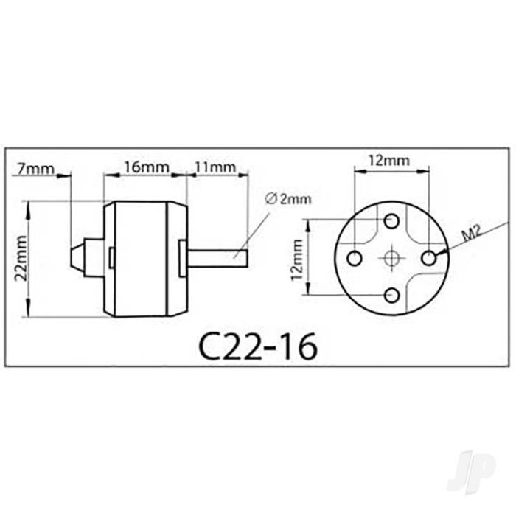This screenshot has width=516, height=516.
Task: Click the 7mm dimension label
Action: [35, 169]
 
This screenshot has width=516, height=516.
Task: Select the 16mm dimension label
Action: [146, 167]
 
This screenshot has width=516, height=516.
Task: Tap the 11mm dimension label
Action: [215, 167]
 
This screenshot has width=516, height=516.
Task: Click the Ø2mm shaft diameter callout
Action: [287, 199]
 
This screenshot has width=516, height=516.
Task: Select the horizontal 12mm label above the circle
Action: [388, 161]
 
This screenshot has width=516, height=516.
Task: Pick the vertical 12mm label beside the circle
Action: [297, 259]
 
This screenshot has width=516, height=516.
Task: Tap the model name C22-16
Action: [258, 346]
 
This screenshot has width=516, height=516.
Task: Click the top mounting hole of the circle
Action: [391, 221]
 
